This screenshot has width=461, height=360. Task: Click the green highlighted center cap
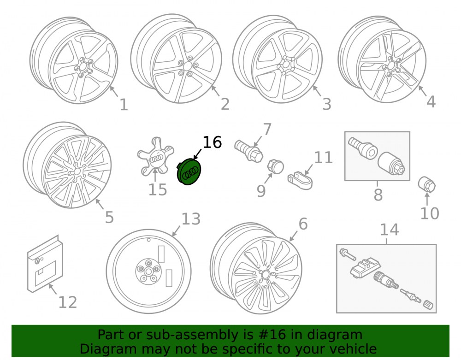click(189, 171)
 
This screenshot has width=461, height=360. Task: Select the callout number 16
click(212, 142)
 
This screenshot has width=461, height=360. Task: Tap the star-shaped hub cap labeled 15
click(155, 157)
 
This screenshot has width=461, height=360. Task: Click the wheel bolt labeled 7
click(249, 150)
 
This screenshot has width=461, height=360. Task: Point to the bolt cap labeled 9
click(275, 166)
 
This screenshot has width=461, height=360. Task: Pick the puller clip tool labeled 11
click(300, 180)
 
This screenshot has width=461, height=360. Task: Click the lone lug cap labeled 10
click(426, 184)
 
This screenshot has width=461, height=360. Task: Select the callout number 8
click(378, 195)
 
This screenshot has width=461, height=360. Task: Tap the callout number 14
click(389, 230)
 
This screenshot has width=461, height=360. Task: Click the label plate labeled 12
click(45, 264)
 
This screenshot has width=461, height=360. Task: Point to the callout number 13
click(191, 219)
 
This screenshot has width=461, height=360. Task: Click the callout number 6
click(303, 224)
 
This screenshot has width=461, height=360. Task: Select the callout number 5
click(109, 218)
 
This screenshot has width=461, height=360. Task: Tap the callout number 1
click(124, 105)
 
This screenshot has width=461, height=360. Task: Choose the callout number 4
click(431, 102)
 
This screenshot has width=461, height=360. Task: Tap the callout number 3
click(327, 104)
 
